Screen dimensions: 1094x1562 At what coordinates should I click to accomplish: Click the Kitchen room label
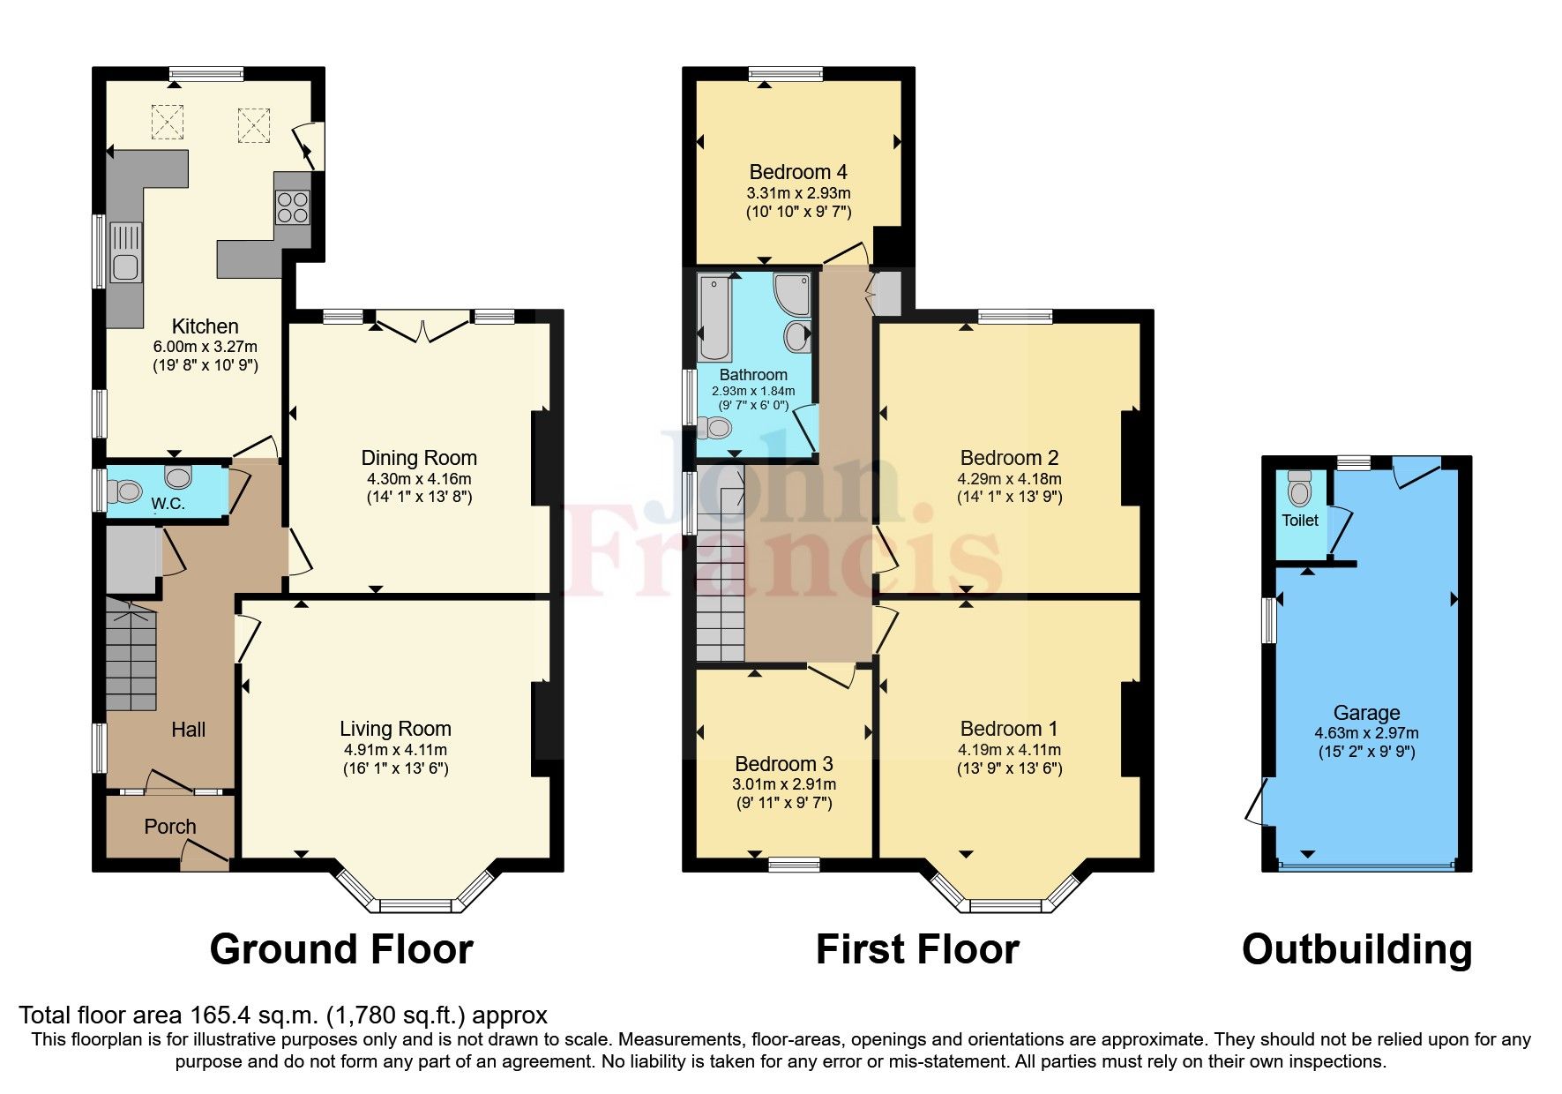[205, 326]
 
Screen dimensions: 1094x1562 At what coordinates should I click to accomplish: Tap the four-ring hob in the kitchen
[293, 207]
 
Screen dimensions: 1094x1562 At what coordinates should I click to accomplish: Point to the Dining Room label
[419, 458]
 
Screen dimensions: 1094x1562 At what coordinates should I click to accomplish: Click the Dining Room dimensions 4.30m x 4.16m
[419, 479]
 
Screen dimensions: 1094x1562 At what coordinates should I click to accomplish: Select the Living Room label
[395, 729]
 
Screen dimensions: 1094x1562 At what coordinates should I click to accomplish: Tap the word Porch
[170, 827]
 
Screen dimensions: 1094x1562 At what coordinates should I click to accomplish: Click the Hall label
[188, 730]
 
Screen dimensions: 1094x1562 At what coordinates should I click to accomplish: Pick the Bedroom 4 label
[798, 172]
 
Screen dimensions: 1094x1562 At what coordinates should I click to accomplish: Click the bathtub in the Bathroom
[714, 316]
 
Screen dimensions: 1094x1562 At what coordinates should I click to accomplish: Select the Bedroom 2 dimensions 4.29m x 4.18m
[1009, 479]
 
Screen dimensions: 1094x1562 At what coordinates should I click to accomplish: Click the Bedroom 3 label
[783, 764]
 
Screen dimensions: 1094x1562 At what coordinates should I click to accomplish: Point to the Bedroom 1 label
[1008, 729]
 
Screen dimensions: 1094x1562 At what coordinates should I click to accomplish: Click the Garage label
[1366, 713]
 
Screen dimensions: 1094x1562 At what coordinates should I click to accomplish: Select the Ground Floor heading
[341, 950]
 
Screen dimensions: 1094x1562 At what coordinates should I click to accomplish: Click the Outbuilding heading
[1356, 950]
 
